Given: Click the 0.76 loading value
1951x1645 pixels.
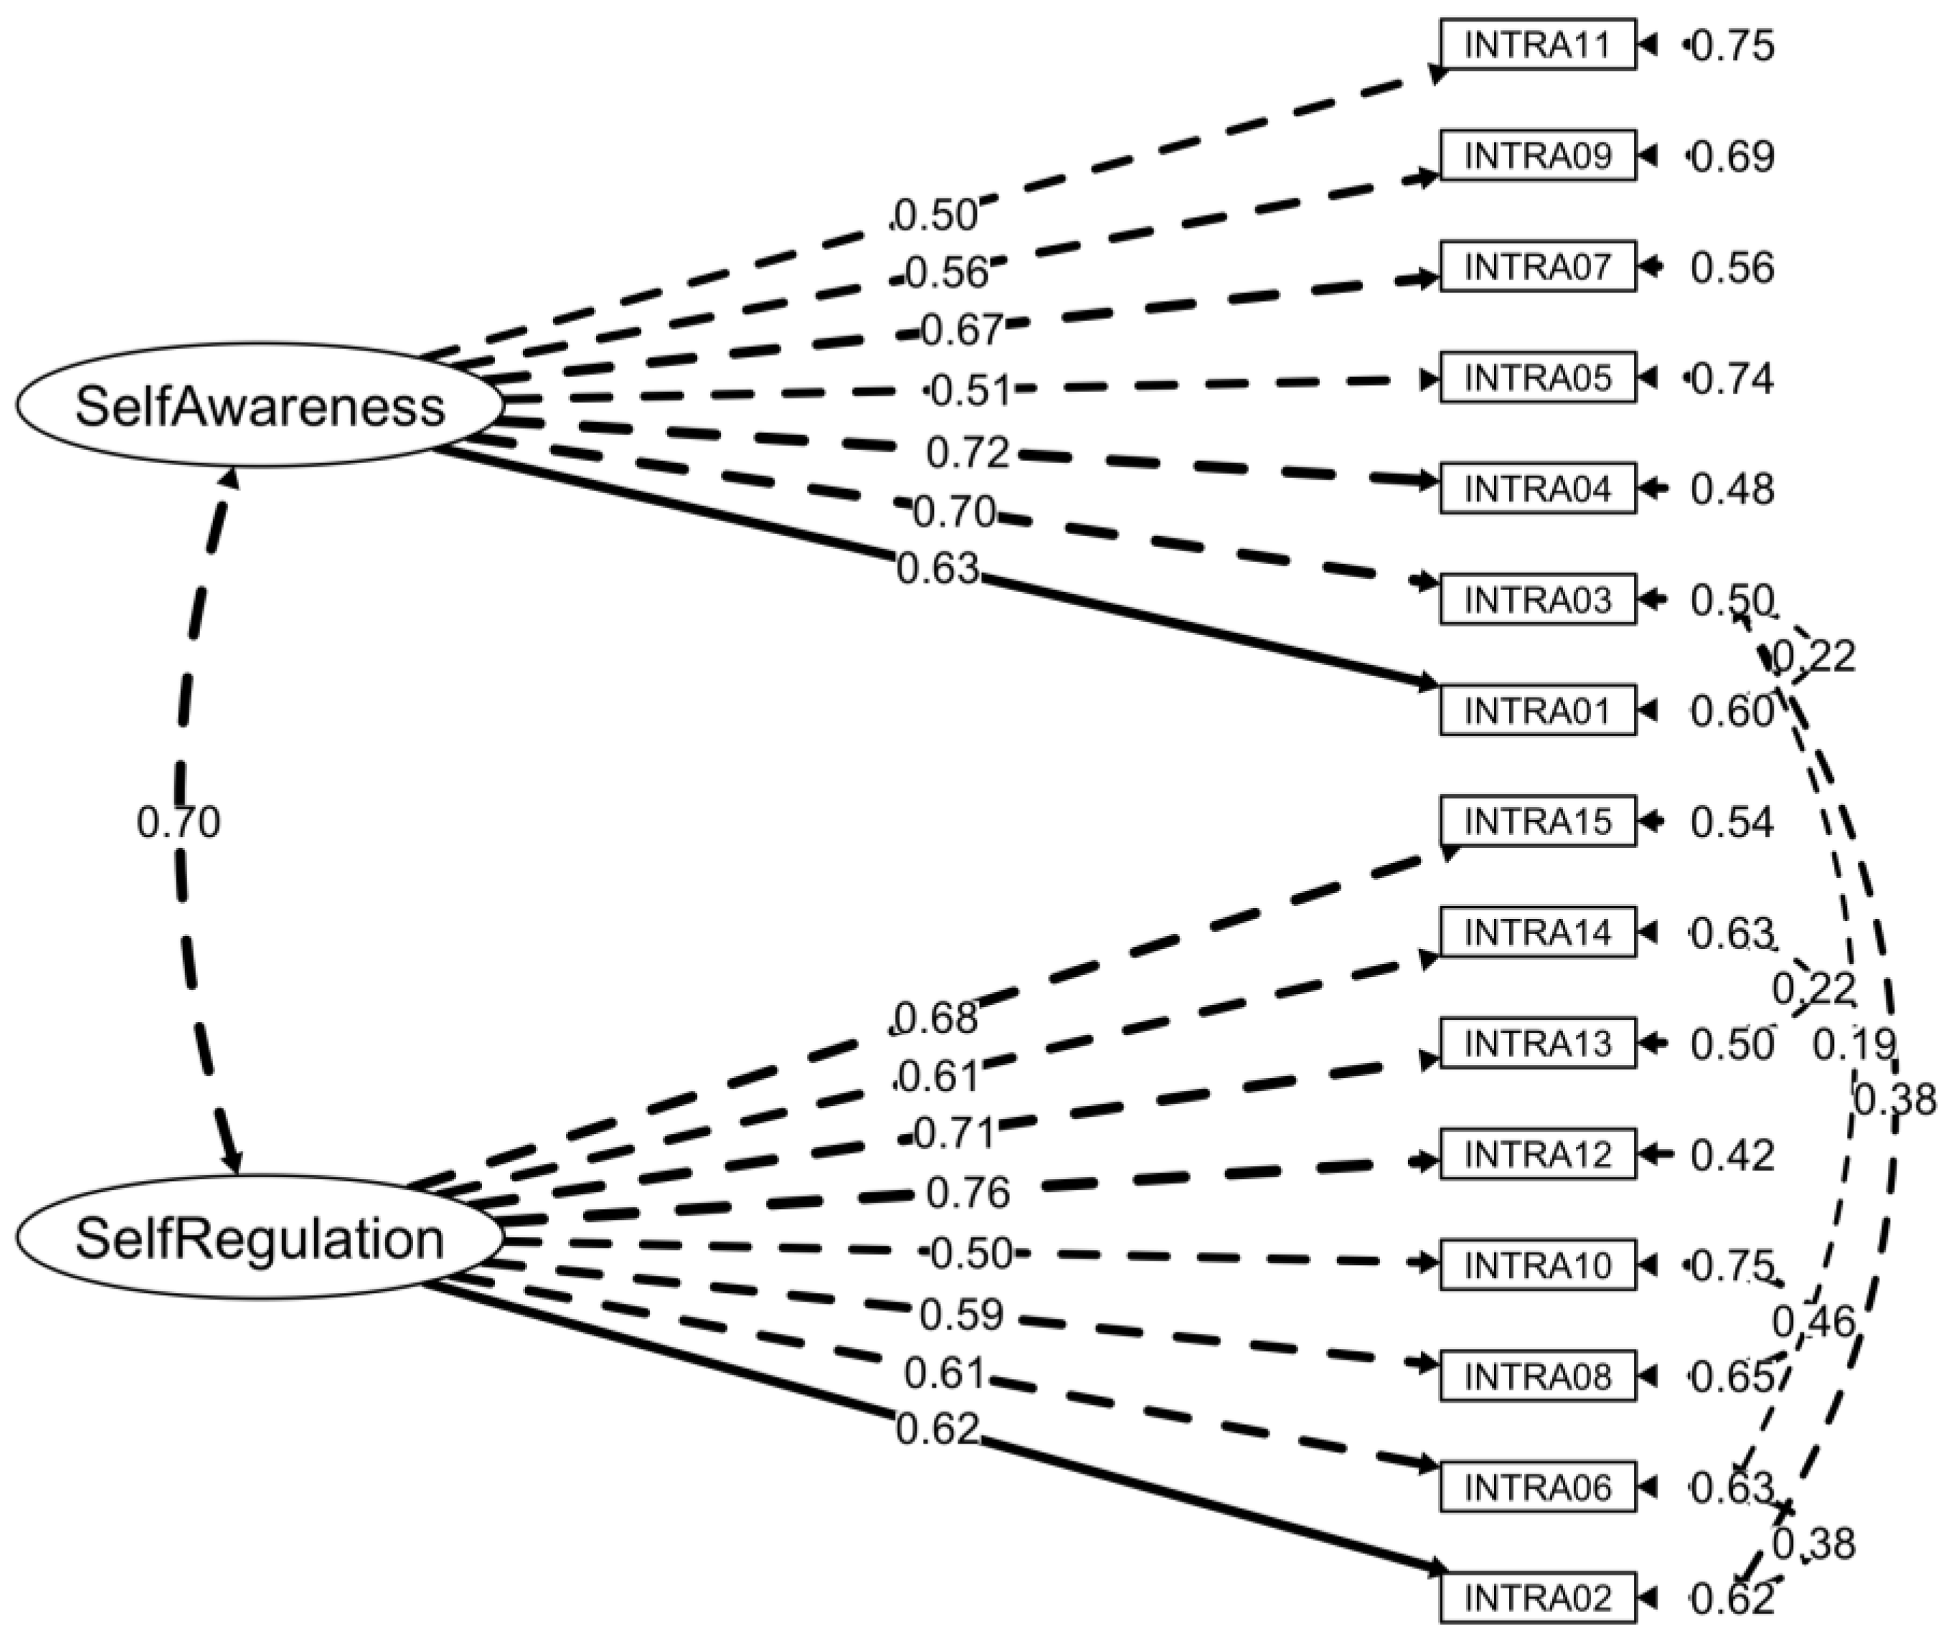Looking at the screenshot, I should click(968, 1193).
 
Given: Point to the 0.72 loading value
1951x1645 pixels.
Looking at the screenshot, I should click(968, 453).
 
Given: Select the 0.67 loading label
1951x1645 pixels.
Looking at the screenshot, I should click(961, 330).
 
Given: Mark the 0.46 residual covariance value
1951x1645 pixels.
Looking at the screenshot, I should click(1813, 1322).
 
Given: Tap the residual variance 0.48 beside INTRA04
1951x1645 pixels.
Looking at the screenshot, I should click(1732, 489).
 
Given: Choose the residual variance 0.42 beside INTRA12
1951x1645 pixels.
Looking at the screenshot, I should click(1732, 1155).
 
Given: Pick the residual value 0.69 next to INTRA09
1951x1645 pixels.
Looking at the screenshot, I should click(1732, 156).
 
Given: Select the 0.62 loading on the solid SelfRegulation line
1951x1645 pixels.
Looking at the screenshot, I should click(937, 1429).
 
